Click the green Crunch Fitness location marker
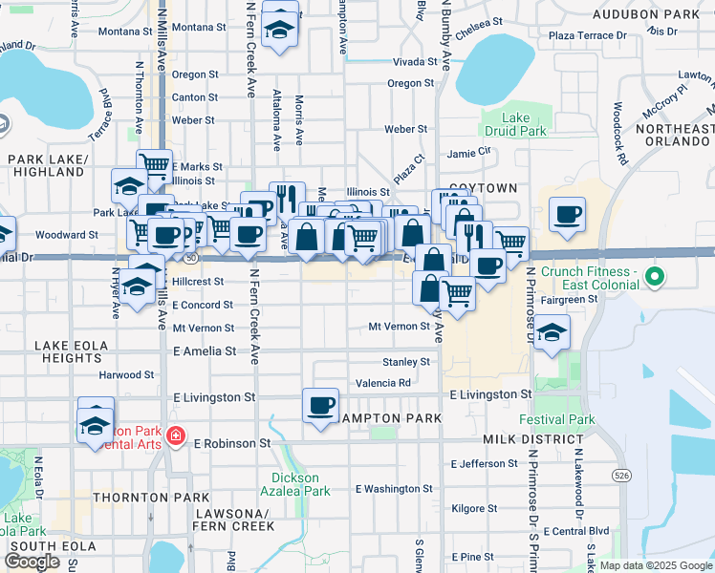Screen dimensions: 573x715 tap(654, 279)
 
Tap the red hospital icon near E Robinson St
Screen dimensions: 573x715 tap(175, 436)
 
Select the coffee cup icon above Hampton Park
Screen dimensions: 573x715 tap(320, 404)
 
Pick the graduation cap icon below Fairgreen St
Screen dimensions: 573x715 tap(552, 334)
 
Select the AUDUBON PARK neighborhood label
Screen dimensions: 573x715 tap(645, 14)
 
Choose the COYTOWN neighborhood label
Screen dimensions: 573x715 tap(482, 188)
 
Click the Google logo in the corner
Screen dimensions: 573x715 tap(33, 562)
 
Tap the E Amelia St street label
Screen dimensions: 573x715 tap(205, 351)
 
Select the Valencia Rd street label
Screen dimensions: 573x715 tap(382, 383)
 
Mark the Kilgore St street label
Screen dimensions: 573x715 tap(475, 508)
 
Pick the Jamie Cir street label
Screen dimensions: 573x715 tap(468, 151)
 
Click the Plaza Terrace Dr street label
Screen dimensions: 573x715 tap(587, 35)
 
